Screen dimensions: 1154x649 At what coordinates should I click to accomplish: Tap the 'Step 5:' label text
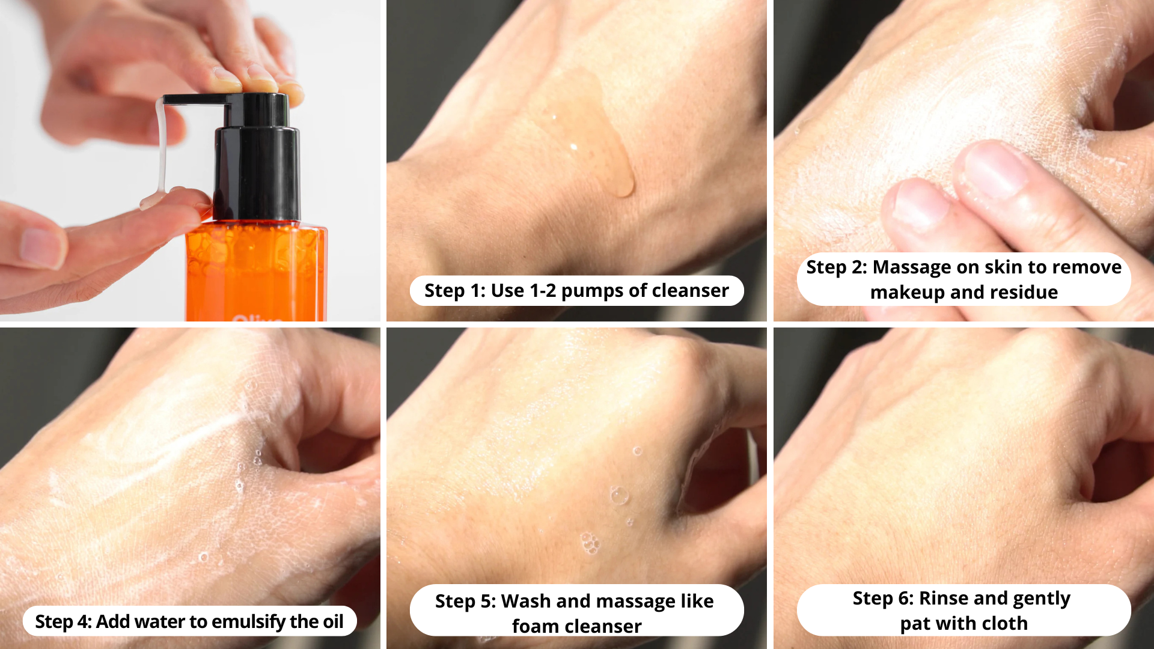tap(465, 602)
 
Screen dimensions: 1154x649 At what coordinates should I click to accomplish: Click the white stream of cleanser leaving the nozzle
tap(161, 150)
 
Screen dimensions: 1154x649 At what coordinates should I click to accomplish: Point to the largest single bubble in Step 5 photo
tap(618, 496)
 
